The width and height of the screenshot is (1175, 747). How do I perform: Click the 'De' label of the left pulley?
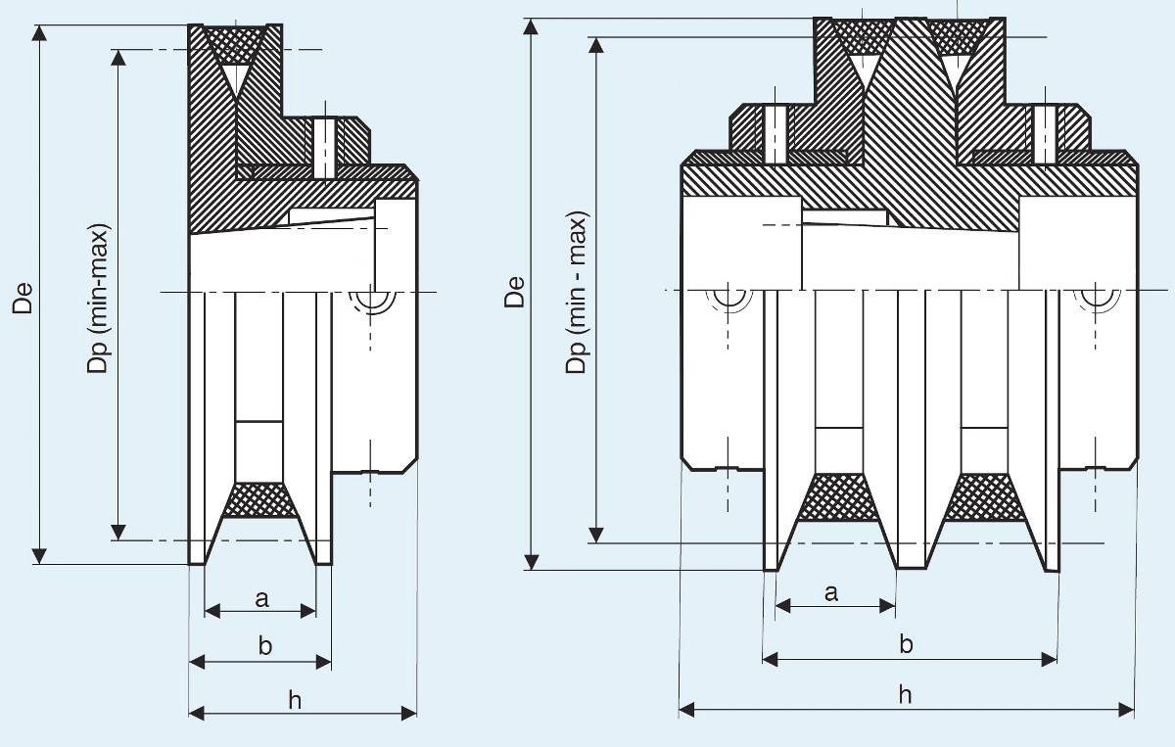(23, 298)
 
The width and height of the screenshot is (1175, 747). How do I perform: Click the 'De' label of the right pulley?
(515, 293)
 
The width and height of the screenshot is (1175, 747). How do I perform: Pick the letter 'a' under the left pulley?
(261, 599)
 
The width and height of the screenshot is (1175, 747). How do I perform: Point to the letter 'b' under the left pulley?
(262, 645)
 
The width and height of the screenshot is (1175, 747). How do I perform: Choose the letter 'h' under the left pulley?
(295, 699)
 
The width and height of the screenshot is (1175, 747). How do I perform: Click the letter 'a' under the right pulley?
(831, 591)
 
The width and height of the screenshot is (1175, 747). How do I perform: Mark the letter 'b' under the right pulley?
(907, 644)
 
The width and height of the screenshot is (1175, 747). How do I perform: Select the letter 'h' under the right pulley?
(905, 694)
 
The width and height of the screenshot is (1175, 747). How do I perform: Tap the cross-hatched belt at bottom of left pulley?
(260, 499)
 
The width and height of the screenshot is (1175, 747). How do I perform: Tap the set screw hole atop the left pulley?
(323, 147)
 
